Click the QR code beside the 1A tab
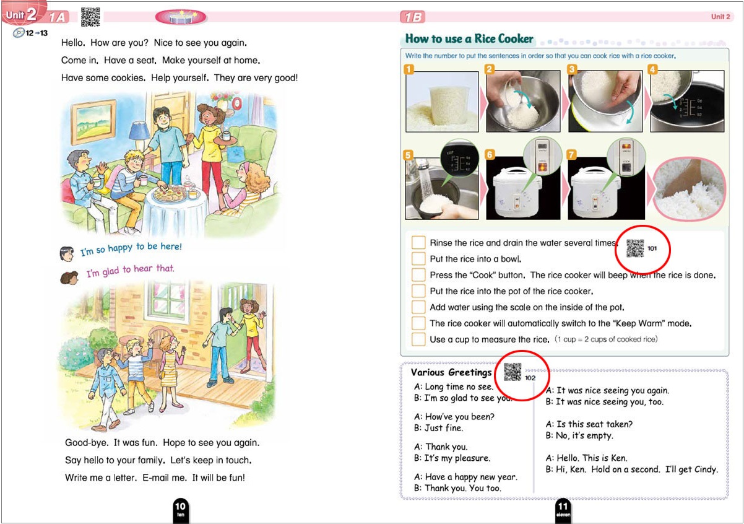coord(90,17)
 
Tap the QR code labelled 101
coord(635,248)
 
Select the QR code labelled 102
coord(513,372)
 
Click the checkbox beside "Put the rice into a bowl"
coord(418,258)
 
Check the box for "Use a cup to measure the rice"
coord(418,339)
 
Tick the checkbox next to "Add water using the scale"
coord(418,307)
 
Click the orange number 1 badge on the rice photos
coord(409,69)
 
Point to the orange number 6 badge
coord(490,154)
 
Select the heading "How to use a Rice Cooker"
coord(469,38)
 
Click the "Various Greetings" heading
coord(451,372)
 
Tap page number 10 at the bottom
coord(180,509)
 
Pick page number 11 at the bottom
coord(563,509)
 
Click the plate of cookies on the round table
coord(170,194)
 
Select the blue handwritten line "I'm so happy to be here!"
coord(131,248)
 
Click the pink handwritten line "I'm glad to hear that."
coord(130,271)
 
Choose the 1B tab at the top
coord(412,17)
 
